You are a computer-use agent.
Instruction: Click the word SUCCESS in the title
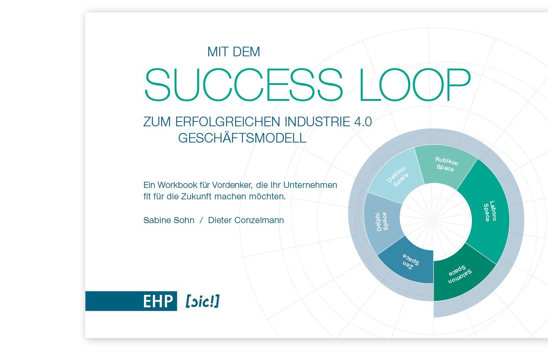pos(243,85)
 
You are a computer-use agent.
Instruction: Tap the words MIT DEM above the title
pos(234,52)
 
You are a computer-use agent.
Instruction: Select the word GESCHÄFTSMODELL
pos(242,138)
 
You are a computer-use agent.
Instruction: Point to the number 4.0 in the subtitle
pos(363,122)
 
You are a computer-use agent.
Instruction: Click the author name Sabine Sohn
pos(169,220)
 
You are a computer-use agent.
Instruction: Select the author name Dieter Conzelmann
pos(246,220)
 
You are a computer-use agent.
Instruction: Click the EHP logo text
pos(157,301)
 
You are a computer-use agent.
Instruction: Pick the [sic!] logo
pos(202,301)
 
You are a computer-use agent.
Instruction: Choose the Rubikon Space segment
pos(445,165)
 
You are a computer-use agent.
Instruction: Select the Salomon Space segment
pos(460,276)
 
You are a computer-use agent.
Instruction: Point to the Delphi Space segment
pos(382,222)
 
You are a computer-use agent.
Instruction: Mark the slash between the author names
pos(201,220)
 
